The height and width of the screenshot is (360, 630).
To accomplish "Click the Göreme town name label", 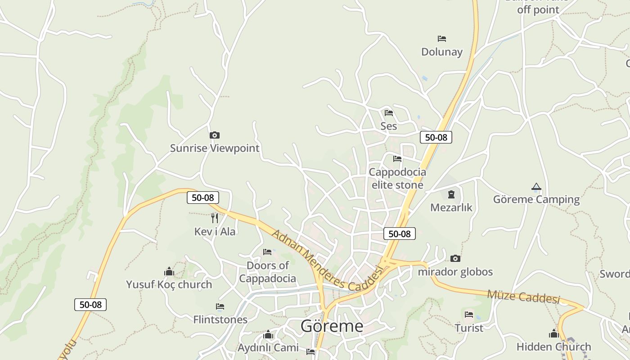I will pos(332,326).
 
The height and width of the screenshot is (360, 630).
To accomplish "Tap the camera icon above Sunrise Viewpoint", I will pos(215,135).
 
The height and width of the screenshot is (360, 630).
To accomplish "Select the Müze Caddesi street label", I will pos(523,297).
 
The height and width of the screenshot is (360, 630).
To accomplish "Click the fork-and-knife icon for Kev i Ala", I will pos(215,218).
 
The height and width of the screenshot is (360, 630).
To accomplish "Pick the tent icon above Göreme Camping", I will pos(536,186).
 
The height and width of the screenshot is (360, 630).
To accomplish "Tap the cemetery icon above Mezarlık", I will pos(451,194).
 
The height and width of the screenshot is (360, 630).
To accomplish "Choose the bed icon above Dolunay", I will pos(442,39).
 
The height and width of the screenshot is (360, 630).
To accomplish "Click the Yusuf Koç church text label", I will pos(169,284).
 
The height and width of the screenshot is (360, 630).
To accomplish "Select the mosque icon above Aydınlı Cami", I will pos(268,334).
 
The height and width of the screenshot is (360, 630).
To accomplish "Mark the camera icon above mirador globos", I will pos(455,258).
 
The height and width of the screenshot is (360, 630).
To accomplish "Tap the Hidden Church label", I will pos(553,346).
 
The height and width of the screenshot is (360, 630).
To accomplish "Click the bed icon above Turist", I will pos(469,314).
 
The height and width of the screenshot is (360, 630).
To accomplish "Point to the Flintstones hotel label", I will pos(220,319).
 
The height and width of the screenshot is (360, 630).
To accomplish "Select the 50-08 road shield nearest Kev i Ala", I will pos(203,198).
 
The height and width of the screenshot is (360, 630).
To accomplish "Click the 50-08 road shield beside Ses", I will pos(436,137).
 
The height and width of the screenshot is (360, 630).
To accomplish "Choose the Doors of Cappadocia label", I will pos(267,272).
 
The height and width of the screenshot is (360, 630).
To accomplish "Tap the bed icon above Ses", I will pos(389,112).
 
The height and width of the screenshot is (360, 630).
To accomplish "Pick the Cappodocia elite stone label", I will pos(397,178).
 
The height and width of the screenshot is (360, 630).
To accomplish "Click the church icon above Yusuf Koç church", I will pos(169,271).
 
